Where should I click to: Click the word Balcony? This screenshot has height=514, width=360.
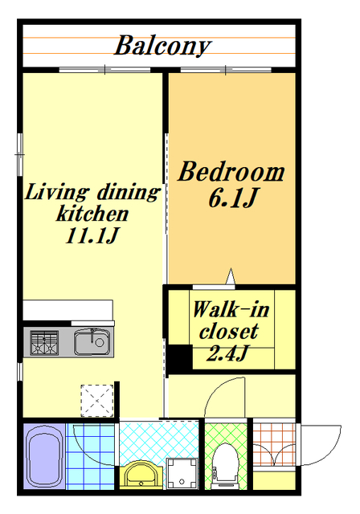point(162,47)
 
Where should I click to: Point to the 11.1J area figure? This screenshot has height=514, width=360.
point(92,235)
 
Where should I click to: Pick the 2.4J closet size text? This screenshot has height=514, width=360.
point(227,353)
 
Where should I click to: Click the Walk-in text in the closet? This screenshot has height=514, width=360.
point(231,309)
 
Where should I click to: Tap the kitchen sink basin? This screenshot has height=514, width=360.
point(92,342)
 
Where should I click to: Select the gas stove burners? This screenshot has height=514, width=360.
point(44,343)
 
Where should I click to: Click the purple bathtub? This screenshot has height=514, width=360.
point(44,456)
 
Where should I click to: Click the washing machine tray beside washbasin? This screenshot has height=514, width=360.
point(182,474)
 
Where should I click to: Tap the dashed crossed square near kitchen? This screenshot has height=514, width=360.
point(97,401)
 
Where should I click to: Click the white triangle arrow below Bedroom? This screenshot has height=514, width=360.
point(231,276)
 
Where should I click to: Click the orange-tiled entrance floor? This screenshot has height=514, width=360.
point(274,444)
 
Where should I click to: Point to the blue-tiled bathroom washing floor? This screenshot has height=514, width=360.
point(90,456)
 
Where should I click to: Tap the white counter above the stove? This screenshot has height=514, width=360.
point(67,310)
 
